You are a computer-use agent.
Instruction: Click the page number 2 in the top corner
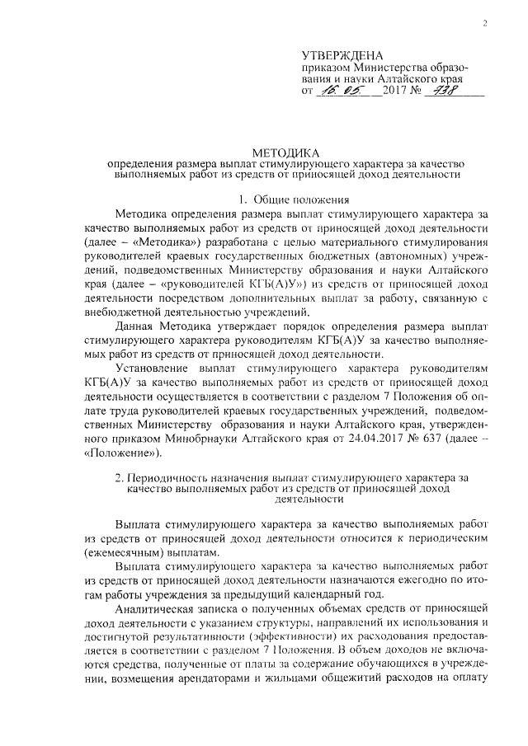[x=484, y=22]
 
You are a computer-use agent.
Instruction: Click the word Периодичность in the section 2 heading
[x=172, y=476]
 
